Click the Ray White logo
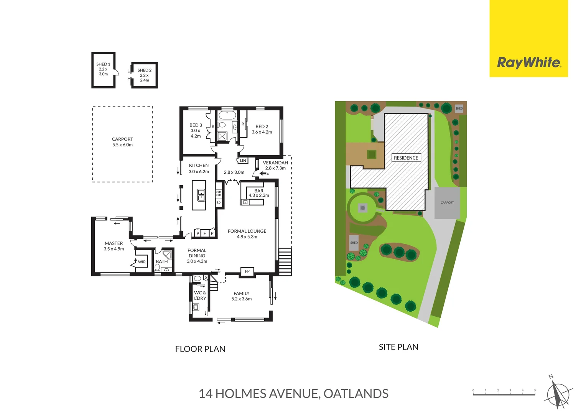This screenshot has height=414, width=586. (x=528, y=62)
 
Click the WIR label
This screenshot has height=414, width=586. (x=142, y=262)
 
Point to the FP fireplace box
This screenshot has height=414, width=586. (x=247, y=271)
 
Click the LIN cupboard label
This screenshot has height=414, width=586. (x=243, y=161)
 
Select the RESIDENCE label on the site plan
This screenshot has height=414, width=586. (x=406, y=158)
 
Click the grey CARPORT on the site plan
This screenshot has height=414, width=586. (x=447, y=203)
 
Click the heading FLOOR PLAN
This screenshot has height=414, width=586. (x=200, y=349)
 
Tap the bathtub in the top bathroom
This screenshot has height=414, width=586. (x=228, y=115)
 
